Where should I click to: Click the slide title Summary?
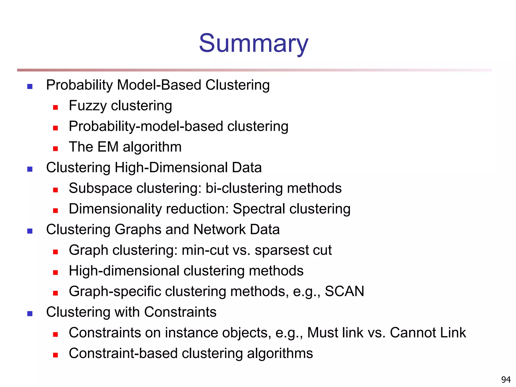253,43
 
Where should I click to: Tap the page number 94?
506,379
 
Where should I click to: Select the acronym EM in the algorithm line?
108,147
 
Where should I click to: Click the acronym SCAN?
344,291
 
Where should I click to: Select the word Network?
219,230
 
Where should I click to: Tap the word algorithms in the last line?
280,353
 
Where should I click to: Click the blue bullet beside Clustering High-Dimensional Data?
30,169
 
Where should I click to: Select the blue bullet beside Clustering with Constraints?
30,314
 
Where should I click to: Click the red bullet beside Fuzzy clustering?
55,108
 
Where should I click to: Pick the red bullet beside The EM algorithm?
55,149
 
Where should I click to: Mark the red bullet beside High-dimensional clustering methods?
55,272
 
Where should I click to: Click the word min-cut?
205,250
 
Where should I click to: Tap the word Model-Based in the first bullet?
159,85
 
